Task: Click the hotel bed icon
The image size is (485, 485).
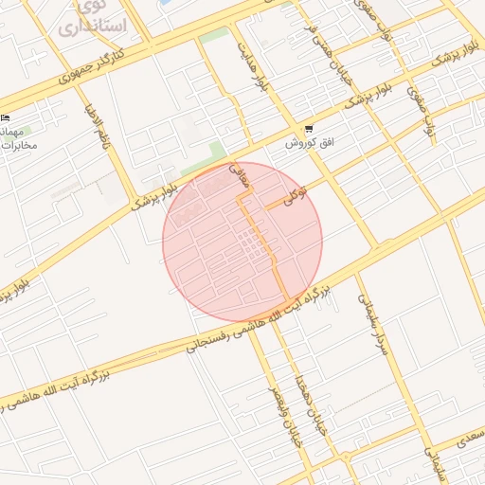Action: click(x=8, y=117)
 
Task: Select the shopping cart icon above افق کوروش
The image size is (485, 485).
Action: click(x=307, y=130)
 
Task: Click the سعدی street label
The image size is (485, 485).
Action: click(x=466, y=441)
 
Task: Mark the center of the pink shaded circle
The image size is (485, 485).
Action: click(x=242, y=242)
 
